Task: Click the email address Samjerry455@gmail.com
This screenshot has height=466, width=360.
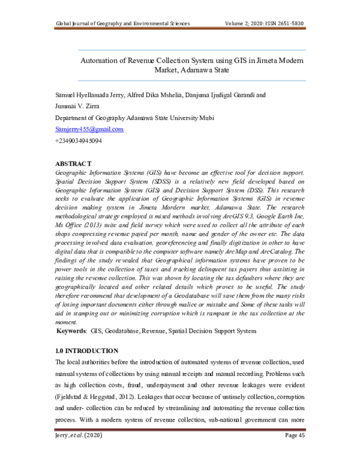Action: [x=89, y=129]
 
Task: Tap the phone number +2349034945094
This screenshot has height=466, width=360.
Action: [x=78, y=141]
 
